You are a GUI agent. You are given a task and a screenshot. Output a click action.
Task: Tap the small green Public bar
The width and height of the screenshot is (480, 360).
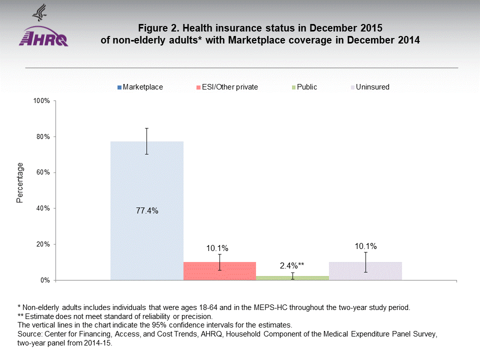point(292,278)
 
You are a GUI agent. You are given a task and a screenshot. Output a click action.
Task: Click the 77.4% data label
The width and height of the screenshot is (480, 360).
point(147,211)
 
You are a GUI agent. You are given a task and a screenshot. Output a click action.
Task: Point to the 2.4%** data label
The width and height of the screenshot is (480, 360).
point(292,265)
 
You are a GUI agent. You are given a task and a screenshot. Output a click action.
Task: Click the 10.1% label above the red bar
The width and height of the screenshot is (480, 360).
point(217,248)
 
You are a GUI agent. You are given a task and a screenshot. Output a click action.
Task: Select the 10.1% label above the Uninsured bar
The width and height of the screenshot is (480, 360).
point(365,246)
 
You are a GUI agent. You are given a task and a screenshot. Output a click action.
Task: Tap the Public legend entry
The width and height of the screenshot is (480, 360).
point(306,87)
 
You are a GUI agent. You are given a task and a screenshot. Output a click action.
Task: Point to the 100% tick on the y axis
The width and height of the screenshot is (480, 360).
point(41,101)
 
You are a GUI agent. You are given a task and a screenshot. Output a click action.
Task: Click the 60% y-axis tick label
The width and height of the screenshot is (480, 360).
point(43,172)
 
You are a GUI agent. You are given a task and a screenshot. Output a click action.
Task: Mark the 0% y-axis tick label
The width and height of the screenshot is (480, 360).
point(45,280)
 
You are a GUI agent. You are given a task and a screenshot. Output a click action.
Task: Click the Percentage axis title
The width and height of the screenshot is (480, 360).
point(20,182)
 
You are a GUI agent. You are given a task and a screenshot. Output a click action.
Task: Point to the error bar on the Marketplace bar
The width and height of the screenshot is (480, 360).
point(147,141)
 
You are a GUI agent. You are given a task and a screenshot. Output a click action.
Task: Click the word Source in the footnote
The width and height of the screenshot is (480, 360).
point(29,333)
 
